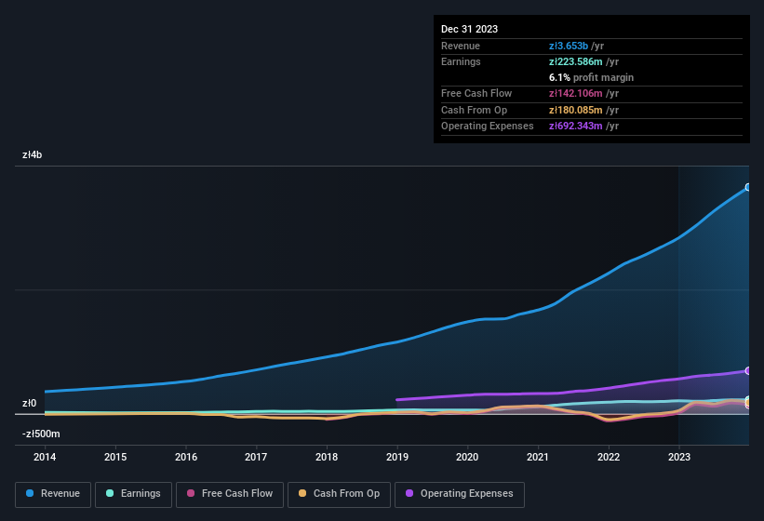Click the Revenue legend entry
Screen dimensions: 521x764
click(x=52, y=493)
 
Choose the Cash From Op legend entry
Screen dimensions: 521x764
click(x=338, y=493)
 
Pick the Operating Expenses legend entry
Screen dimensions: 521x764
click(x=459, y=493)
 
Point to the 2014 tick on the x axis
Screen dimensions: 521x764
click(x=45, y=457)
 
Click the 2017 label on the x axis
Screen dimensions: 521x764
click(x=256, y=457)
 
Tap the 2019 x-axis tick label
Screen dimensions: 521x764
click(x=397, y=457)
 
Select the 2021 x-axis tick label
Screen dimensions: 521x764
click(x=538, y=457)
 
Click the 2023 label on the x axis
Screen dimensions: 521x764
click(x=679, y=457)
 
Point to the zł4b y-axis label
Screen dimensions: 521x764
click(x=33, y=155)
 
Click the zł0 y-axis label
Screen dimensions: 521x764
click(x=30, y=404)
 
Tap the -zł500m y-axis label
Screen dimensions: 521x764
click(x=42, y=434)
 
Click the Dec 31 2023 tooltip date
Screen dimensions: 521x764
click(x=469, y=29)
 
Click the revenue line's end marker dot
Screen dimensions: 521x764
click(x=747, y=187)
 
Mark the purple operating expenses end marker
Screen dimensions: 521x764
click(x=747, y=370)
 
